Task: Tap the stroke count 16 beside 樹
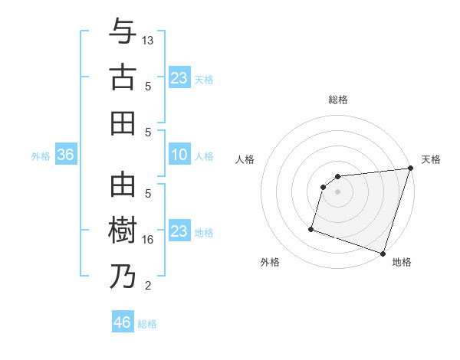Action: tap(149, 240)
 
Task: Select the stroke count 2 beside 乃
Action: tap(149, 286)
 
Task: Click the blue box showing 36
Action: tap(65, 155)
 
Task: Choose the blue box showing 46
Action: tap(123, 322)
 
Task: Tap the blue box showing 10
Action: tap(179, 155)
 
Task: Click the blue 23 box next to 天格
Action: tap(179, 78)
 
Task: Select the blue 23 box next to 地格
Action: tap(179, 231)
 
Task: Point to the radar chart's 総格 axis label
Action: tap(338, 100)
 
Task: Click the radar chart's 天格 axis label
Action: tap(431, 159)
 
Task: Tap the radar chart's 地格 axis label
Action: tap(402, 262)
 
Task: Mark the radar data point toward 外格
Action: tap(311, 228)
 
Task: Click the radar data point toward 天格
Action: tap(410, 169)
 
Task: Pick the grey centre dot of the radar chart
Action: tap(338, 192)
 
